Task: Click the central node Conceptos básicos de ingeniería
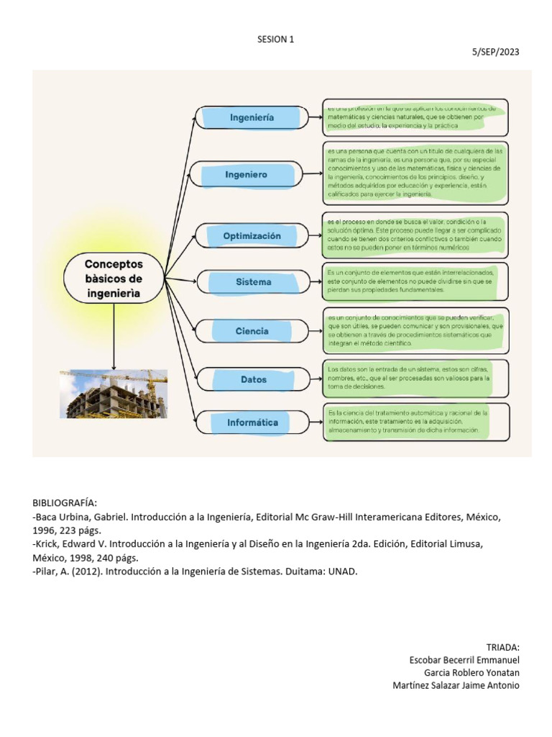[114, 276]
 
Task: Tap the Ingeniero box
[247, 175]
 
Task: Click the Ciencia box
[251, 331]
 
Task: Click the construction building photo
[114, 394]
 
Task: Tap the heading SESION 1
[276, 40]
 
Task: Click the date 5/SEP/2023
[495, 53]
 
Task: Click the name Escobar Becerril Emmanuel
[464, 660]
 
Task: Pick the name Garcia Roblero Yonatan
[471, 672]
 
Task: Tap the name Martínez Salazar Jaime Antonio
[456, 685]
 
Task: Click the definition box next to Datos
[415, 378]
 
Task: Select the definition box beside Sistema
[415, 282]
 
